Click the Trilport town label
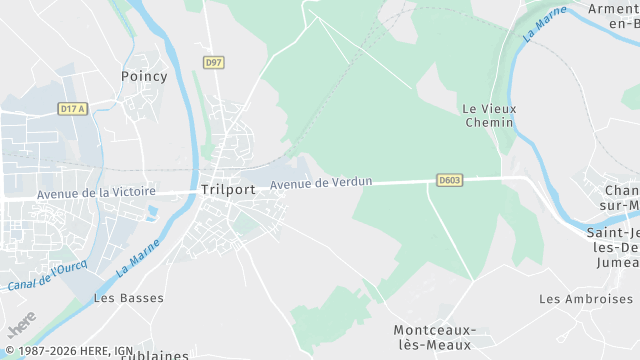click(227, 188)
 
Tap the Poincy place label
click(144, 76)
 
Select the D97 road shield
click(213, 62)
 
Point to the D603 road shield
click(450, 180)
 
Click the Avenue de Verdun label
click(321, 183)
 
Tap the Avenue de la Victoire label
click(96, 193)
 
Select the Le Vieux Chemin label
click(488, 115)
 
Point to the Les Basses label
click(128, 298)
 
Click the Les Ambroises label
click(588, 299)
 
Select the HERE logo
click(20, 324)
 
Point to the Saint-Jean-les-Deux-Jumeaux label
click(612, 247)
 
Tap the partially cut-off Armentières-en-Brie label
click(613, 17)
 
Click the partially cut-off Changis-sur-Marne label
click(622, 198)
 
